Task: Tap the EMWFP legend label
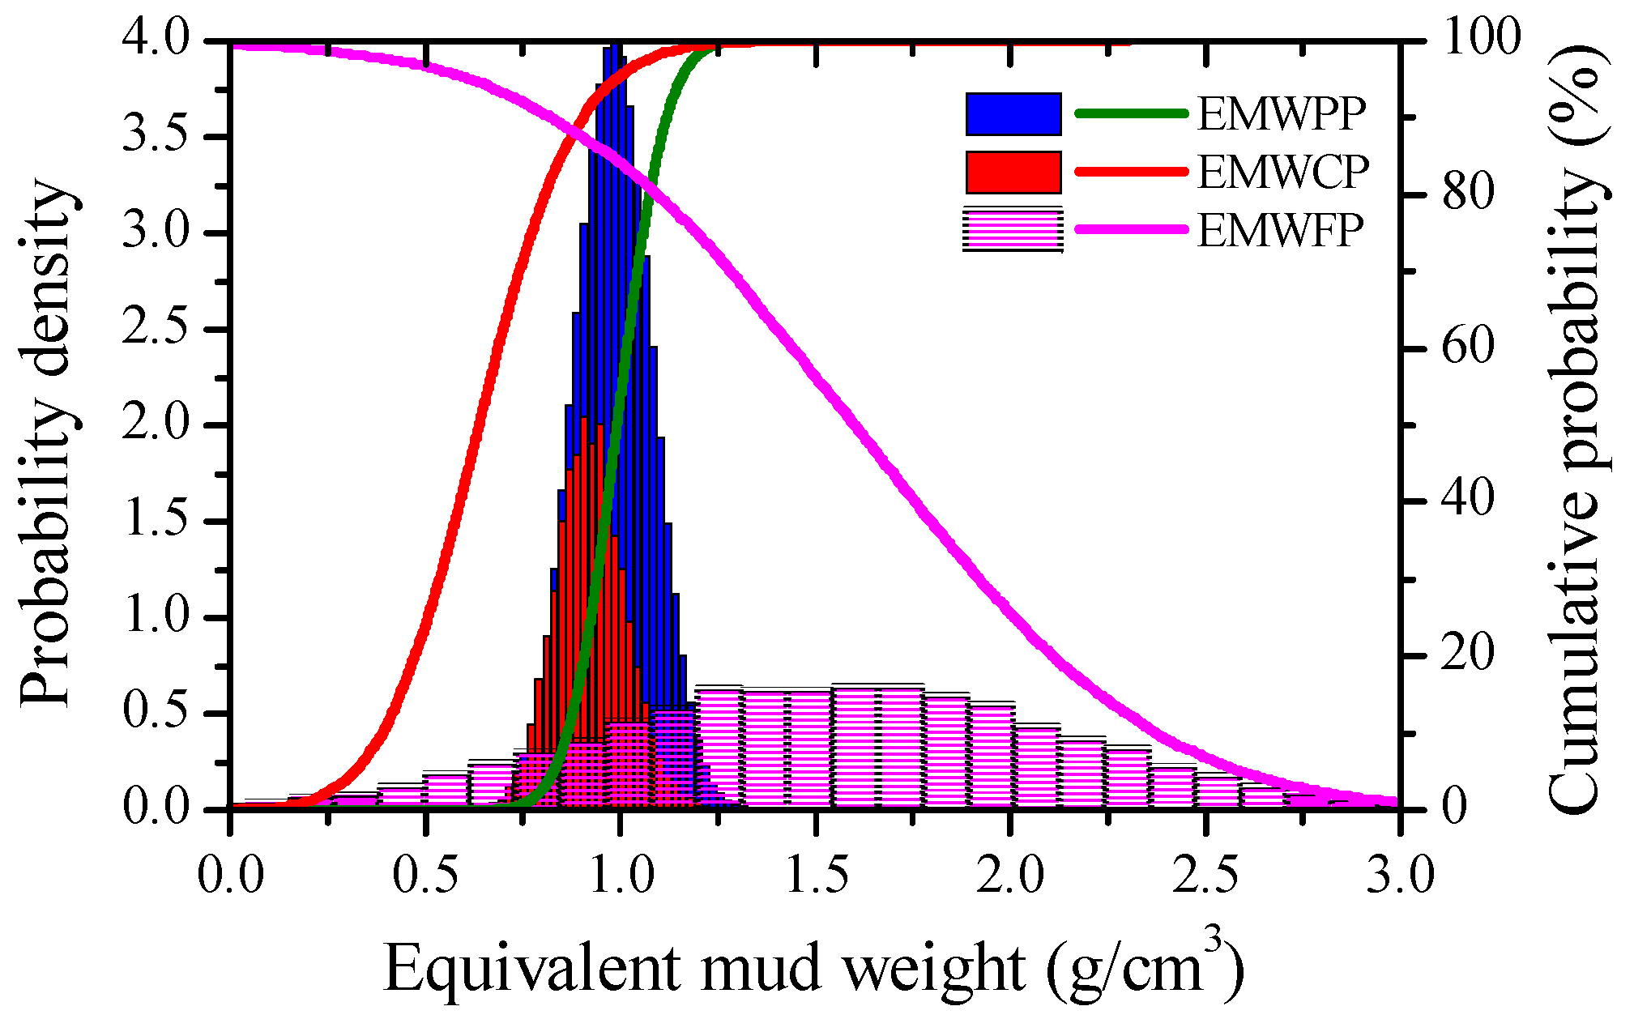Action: pos(1281,231)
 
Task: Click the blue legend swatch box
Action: pos(1013,114)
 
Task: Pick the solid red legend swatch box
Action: pos(1013,173)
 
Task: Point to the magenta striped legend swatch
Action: pos(1013,231)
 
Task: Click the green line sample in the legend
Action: pos(1131,114)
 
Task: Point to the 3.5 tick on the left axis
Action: pos(156,136)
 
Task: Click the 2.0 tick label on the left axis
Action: pos(156,424)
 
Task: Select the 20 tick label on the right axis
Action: pos(1467,654)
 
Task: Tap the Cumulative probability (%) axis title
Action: pos(1576,425)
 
